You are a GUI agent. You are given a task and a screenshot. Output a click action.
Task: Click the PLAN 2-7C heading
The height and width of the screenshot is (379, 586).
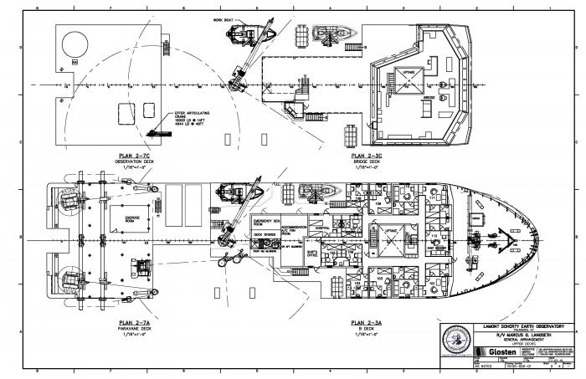[134, 156]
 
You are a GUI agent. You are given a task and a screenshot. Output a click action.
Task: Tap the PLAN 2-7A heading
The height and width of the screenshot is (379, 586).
[134, 323]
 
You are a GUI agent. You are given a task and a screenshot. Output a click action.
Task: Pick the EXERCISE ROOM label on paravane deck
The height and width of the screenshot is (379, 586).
[132, 218]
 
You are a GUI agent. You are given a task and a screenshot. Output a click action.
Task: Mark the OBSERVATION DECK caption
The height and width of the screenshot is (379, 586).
[134, 162]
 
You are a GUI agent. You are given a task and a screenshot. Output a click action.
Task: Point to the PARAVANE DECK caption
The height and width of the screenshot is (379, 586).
[134, 329]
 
